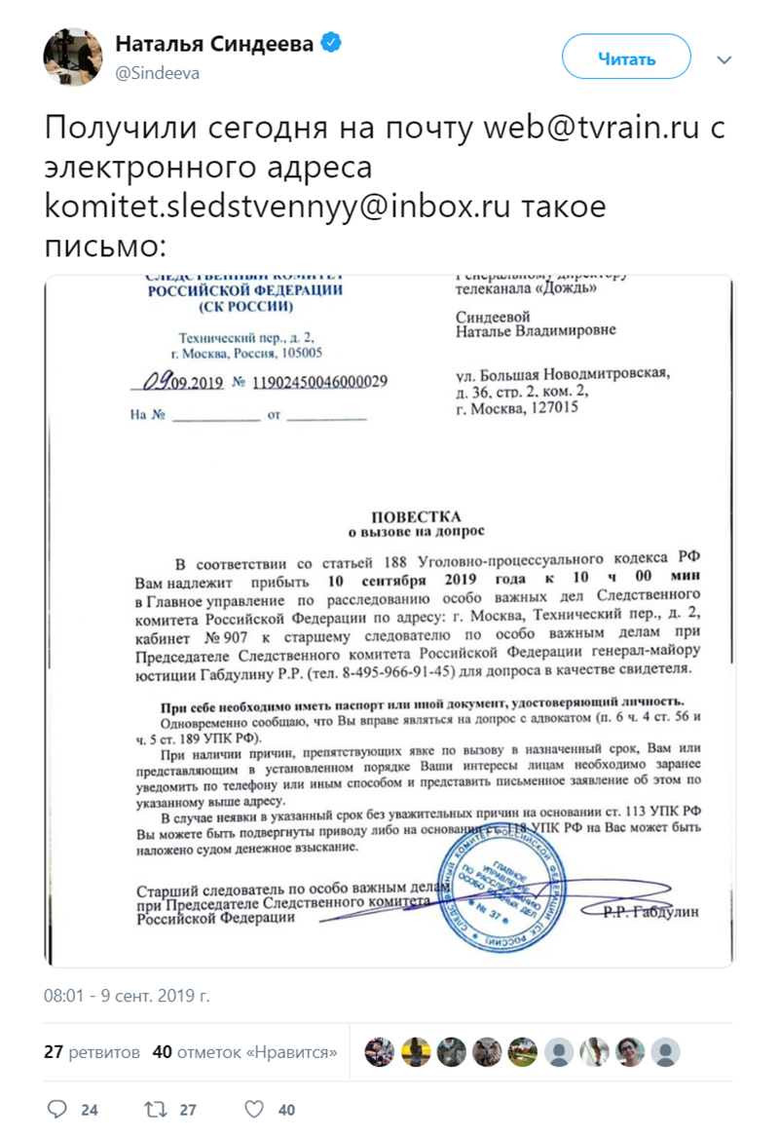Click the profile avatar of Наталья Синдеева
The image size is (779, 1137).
point(72,57)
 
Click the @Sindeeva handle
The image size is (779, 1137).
point(158,73)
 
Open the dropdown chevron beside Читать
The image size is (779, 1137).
point(723,60)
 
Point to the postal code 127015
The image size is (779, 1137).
point(552,409)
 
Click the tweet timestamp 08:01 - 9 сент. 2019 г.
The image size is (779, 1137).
point(127,996)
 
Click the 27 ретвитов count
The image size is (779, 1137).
point(93,1052)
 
